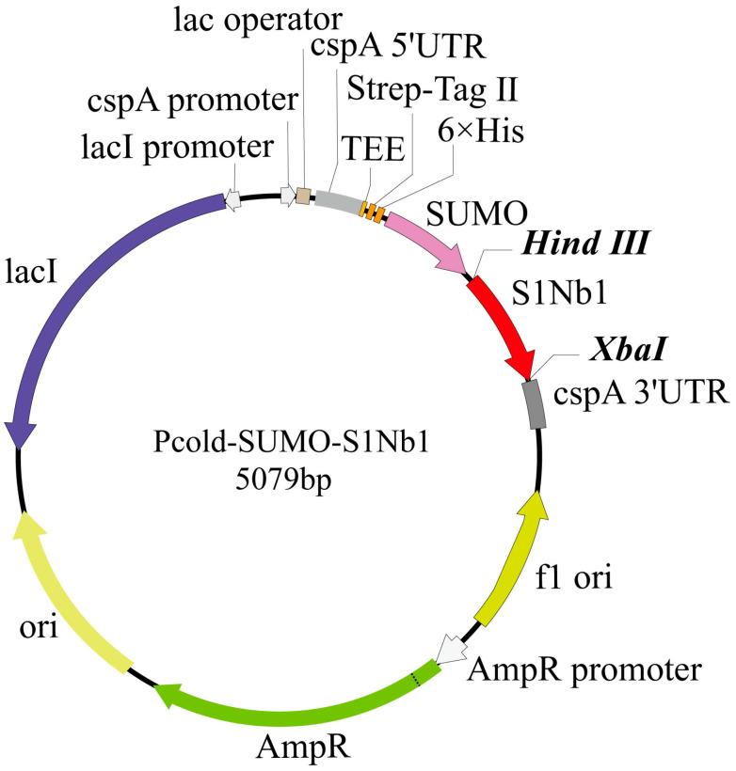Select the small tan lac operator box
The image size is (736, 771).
click(x=303, y=196)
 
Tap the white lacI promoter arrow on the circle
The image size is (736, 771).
click(x=231, y=198)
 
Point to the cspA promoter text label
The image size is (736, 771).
click(x=192, y=101)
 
